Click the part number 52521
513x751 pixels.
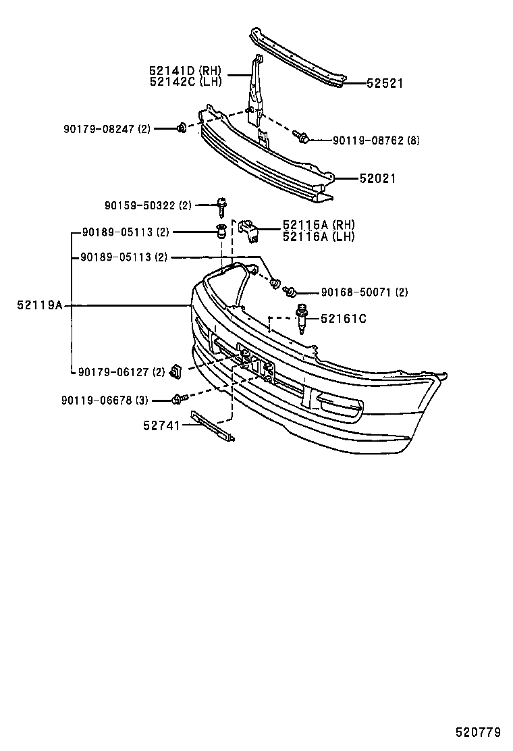(x=385, y=84)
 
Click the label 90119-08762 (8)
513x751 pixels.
(x=376, y=140)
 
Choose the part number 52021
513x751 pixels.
(x=377, y=179)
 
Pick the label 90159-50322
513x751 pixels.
(x=140, y=205)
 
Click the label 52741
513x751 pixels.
(x=161, y=425)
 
